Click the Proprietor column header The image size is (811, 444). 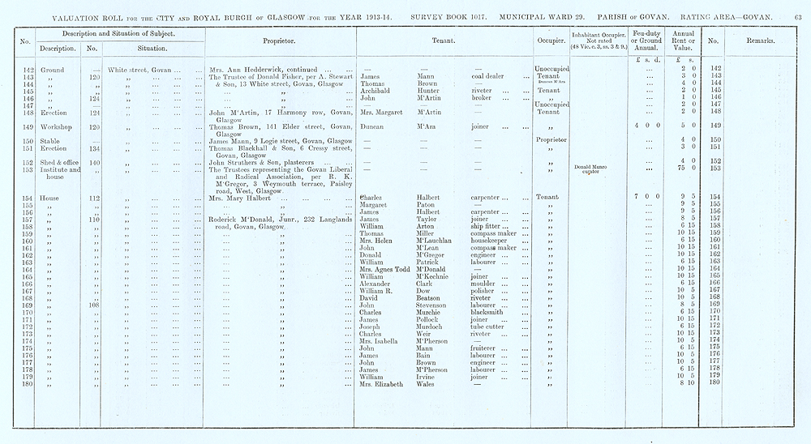click(280, 40)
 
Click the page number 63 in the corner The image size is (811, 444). click(798, 17)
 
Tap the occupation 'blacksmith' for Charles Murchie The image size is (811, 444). click(491, 312)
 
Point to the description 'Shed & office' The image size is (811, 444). click(58, 162)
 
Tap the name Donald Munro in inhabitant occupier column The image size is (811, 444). click(590, 167)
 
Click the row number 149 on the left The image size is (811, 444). click(26, 127)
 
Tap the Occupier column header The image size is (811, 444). click(551, 40)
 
